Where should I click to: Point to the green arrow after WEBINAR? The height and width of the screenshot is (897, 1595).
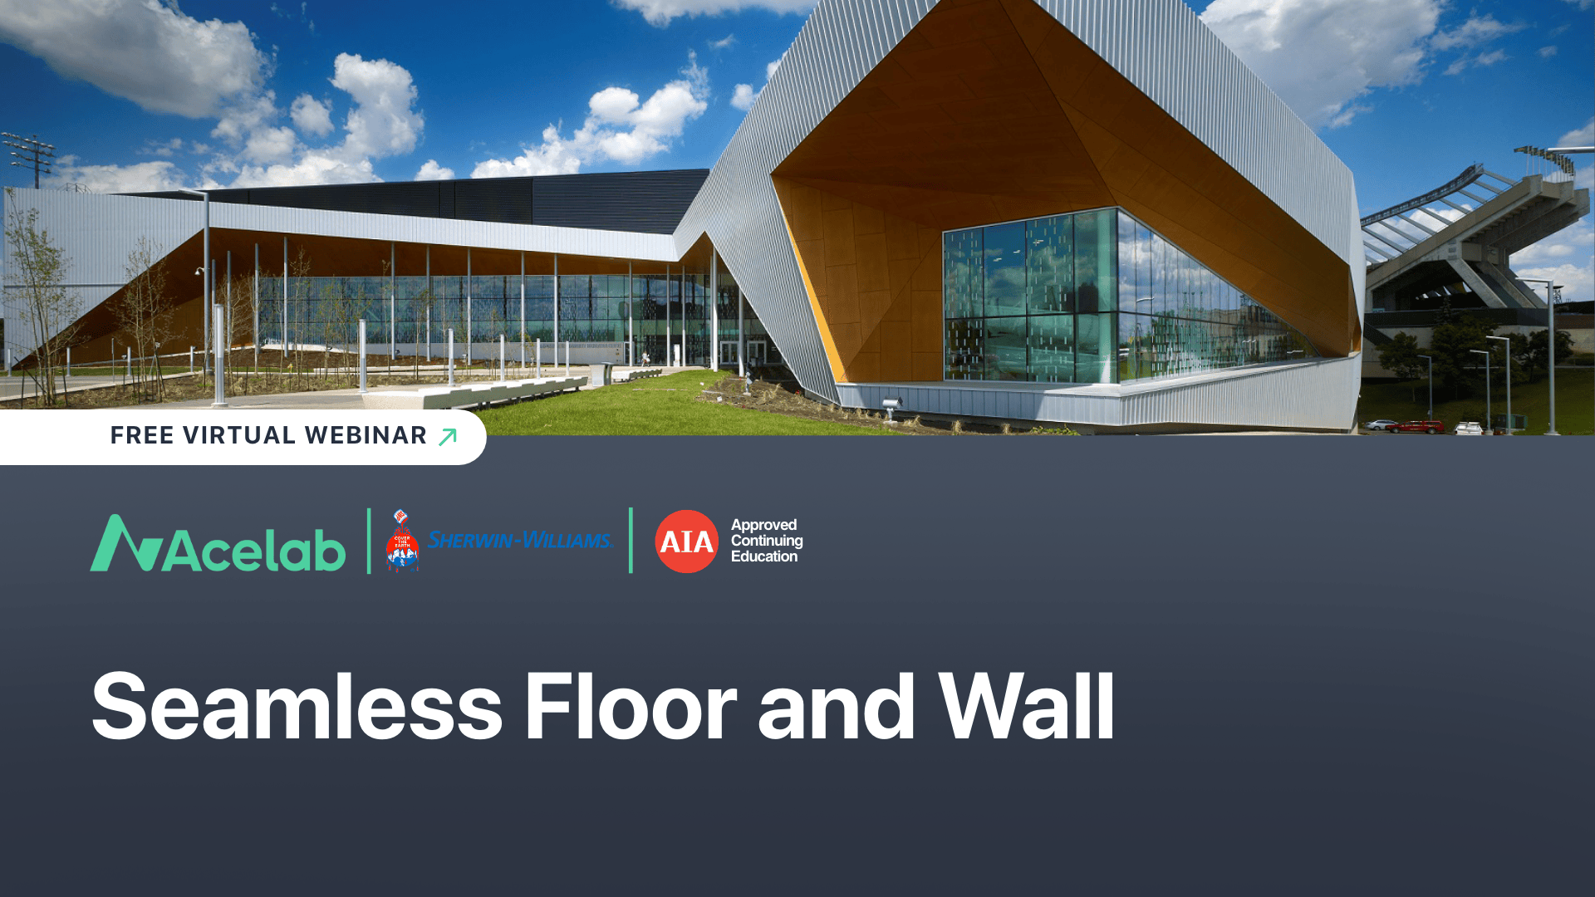point(448,437)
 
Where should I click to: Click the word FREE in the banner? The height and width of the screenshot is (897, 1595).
point(142,435)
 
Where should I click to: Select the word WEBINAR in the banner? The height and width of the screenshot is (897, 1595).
point(366,435)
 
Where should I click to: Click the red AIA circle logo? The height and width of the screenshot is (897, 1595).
point(686,542)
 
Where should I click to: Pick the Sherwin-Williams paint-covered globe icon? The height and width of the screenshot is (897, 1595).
point(402,542)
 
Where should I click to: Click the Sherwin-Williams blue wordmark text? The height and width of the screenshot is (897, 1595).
point(520,540)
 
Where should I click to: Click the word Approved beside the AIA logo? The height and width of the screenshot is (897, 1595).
point(763,525)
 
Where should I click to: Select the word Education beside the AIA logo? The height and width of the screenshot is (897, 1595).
point(764,556)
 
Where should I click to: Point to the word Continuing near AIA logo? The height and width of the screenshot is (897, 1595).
point(767,541)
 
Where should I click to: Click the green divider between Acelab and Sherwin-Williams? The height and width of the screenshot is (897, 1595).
point(369,541)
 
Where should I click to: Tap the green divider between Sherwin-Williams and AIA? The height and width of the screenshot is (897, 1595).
point(631,541)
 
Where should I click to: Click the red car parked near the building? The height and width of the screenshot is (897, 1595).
point(1420,427)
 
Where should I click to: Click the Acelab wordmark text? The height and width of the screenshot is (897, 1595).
point(254,549)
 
